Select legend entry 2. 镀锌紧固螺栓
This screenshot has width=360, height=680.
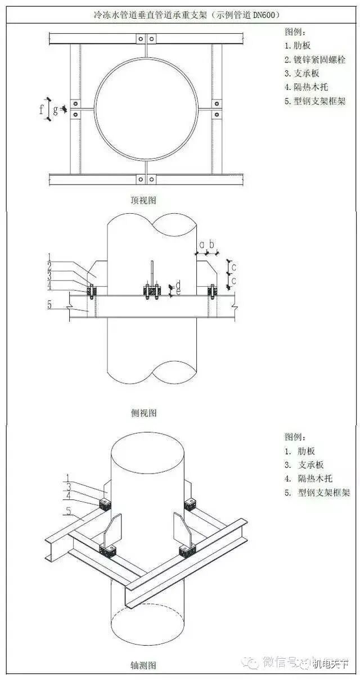(315, 60)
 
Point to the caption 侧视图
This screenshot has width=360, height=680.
(143, 413)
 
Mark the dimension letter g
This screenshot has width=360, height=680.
(55, 111)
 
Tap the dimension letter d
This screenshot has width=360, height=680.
(178, 283)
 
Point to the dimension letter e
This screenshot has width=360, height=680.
(178, 292)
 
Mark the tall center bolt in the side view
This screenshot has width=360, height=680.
(152, 276)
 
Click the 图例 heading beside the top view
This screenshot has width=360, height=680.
(296, 31)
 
